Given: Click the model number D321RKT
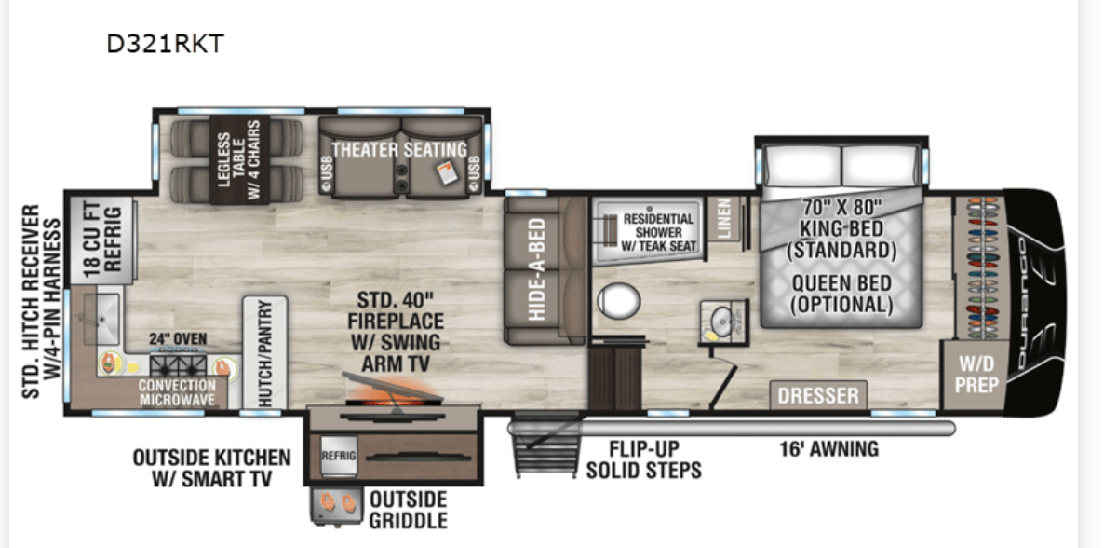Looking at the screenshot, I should coord(165,44).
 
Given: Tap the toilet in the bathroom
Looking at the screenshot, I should coord(618,301).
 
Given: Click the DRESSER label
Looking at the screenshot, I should coord(818,395).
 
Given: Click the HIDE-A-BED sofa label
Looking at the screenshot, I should coord(538,269).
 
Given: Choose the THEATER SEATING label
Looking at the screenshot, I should coord(399,150).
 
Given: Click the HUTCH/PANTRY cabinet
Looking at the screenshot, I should coord(263,352).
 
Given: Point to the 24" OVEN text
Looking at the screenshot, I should coord(179,338).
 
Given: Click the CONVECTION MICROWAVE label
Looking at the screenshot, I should coord(177,392).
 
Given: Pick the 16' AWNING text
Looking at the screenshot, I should coord(828,449).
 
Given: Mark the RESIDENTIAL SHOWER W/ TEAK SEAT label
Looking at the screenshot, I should coord(659,232).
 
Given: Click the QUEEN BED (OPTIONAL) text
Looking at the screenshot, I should coord(841,294).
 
